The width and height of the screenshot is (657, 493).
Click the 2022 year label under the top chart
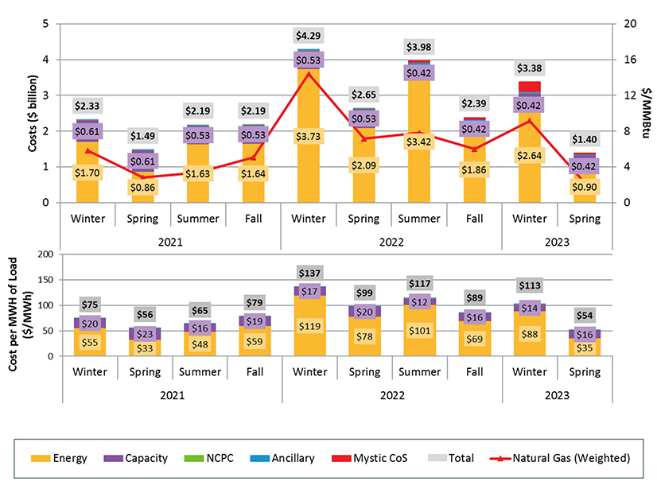tap(391, 241)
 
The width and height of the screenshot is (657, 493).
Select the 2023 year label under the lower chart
tap(556, 394)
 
